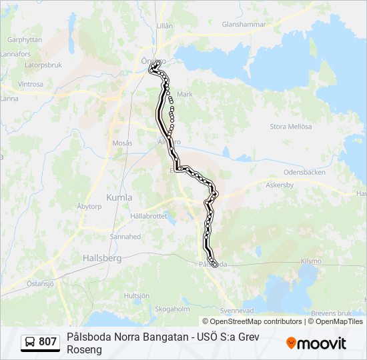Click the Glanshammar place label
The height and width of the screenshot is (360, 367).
point(244,24)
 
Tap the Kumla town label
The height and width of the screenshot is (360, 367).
point(119,197)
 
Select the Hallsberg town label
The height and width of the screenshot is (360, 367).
point(101,257)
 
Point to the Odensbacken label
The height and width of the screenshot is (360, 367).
point(304,171)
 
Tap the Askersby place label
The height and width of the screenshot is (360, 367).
point(280,185)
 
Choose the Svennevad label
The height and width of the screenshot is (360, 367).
point(237,311)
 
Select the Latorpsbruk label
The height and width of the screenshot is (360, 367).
point(43,65)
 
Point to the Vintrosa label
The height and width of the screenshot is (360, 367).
point(31,85)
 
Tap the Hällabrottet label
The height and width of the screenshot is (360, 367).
point(149,217)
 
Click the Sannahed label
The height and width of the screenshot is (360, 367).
point(125,236)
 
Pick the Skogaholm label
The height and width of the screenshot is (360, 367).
point(172,309)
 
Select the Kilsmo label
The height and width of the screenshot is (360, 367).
point(311,261)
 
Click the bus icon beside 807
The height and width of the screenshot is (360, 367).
point(30,342)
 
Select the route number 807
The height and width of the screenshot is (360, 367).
point(48,342)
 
